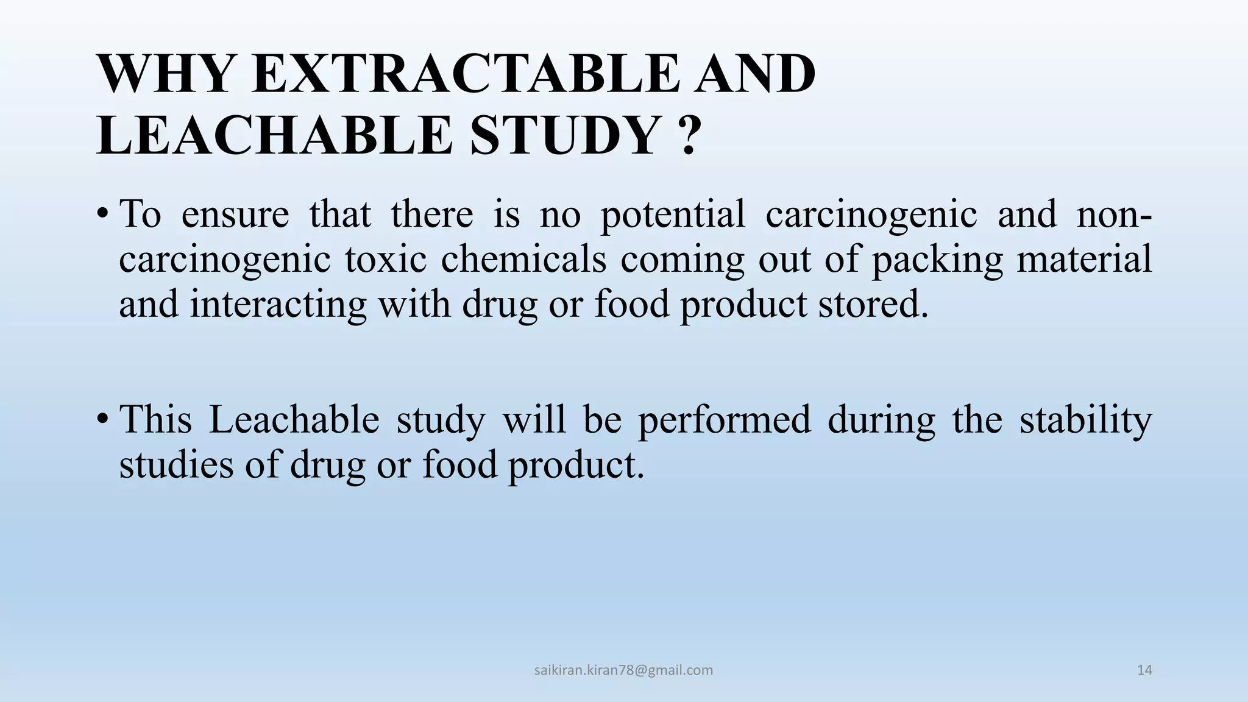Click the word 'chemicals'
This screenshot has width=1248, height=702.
coord(523,259)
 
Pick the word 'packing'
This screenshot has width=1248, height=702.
coord(937,259)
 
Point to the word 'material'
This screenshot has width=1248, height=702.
coord(1085,259)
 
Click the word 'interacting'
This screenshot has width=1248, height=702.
coord(278,304)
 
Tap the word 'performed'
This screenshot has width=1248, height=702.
coord(725,420)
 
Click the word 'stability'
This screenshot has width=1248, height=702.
coord(1086,420)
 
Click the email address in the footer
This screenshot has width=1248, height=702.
coord(623,670)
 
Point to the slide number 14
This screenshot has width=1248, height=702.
coord(1144,670)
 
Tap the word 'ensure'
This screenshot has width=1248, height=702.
coord(235,214)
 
